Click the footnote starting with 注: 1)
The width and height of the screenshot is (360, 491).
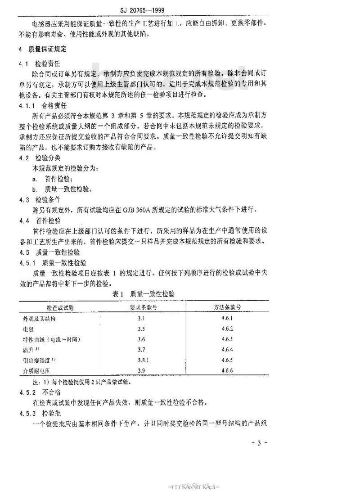coord(76,382)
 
